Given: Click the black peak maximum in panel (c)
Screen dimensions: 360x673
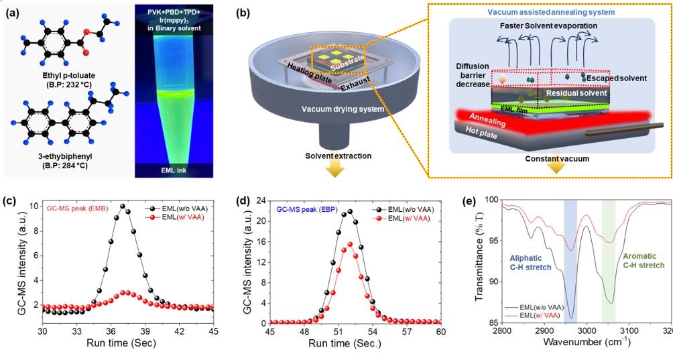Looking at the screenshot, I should point(122,206).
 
